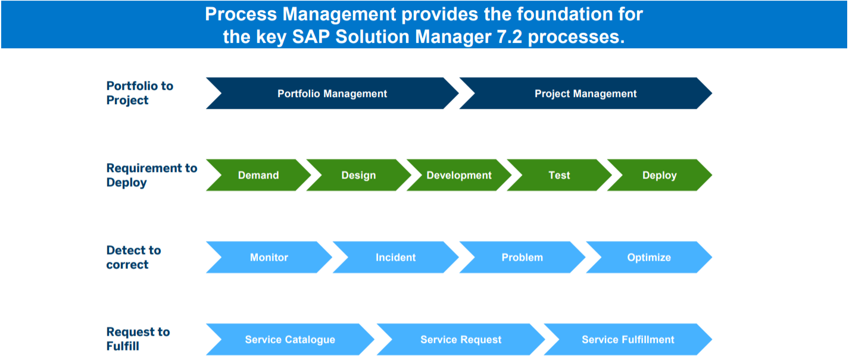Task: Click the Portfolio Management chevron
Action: point(332,93)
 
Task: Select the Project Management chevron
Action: point(586,93)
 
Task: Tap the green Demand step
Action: point(258,175)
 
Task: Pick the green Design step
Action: point(358,175)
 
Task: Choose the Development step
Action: point(459,175)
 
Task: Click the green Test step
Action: point(559,175)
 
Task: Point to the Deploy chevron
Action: point(660,175)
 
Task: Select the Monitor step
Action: point(269,257)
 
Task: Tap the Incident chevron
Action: point(396,257)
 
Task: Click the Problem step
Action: point(522,257)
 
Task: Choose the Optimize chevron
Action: point(649,257)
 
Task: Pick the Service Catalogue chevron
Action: point(290,339)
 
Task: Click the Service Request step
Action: point(461,339)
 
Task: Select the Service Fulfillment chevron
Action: point(628,339)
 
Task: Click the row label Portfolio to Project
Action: point(139,93)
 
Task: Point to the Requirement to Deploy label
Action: point(152,175)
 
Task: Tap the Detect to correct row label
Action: point(133,257)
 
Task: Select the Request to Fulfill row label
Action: point(138,339)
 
